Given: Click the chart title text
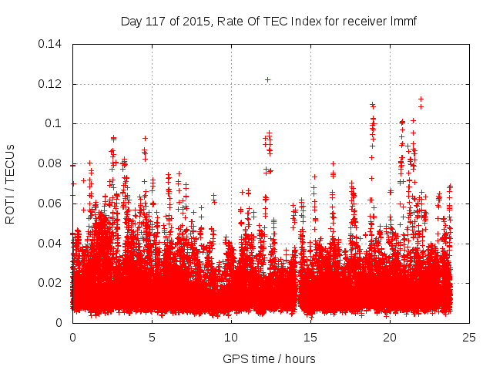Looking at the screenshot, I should [268, 21].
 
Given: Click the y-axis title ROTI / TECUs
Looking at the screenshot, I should [10, 183].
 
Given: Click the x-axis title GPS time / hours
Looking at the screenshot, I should [268, 358].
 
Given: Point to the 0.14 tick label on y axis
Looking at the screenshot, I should [51, 44].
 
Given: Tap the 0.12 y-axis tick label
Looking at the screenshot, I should [51, 84].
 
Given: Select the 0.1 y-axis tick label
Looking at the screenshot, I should [55, 123].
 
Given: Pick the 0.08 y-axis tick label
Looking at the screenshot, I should [51, 163].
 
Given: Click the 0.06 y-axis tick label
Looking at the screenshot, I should [51, 203].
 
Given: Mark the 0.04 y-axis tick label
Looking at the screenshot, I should [51, 244].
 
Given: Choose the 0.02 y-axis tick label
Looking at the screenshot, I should [51, 283].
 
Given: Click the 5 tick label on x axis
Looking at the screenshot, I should [152, 337].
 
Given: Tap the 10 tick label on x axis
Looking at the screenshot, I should [231, 337].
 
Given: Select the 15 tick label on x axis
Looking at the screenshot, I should [310, 337].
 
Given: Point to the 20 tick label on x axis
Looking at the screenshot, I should [390, 337].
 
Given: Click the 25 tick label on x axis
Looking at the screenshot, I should [469, 337].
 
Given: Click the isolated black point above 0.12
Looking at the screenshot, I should [267, 79].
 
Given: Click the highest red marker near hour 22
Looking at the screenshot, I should [421, 99].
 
